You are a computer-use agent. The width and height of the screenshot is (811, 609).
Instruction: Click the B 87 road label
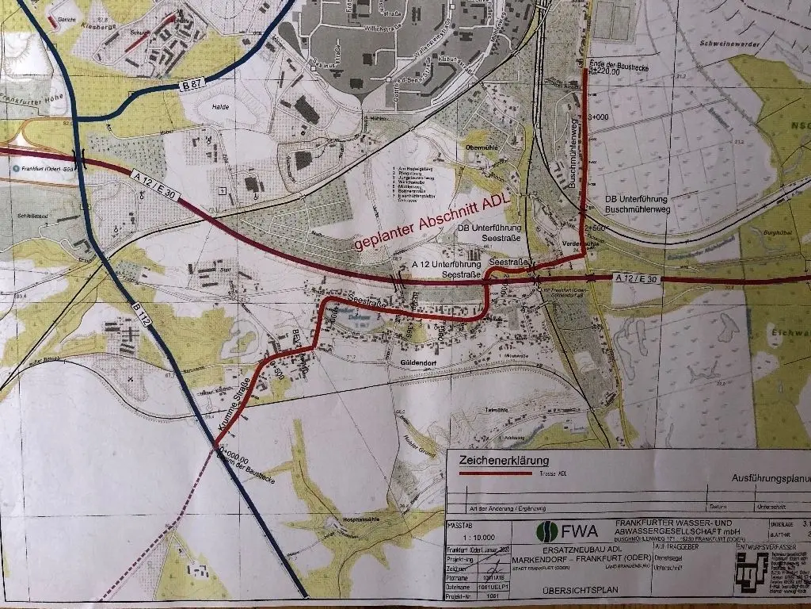(188, 86)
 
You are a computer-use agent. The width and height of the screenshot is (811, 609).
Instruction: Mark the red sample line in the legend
(490, 473)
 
